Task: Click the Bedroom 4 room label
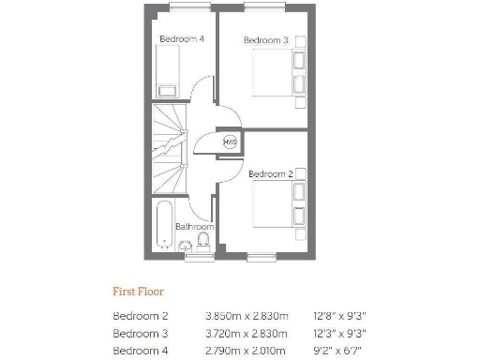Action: pos(182,38)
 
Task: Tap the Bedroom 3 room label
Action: pos(265,40)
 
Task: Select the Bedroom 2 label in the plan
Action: pos(271,173)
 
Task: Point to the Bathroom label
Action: pos(195,226)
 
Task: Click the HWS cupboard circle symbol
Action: pos(230,142)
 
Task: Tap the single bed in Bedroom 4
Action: pos(167,71)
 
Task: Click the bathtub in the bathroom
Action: pos(164,225)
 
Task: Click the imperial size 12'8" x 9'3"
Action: pos(340,316)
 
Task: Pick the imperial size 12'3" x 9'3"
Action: pos(340,332)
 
